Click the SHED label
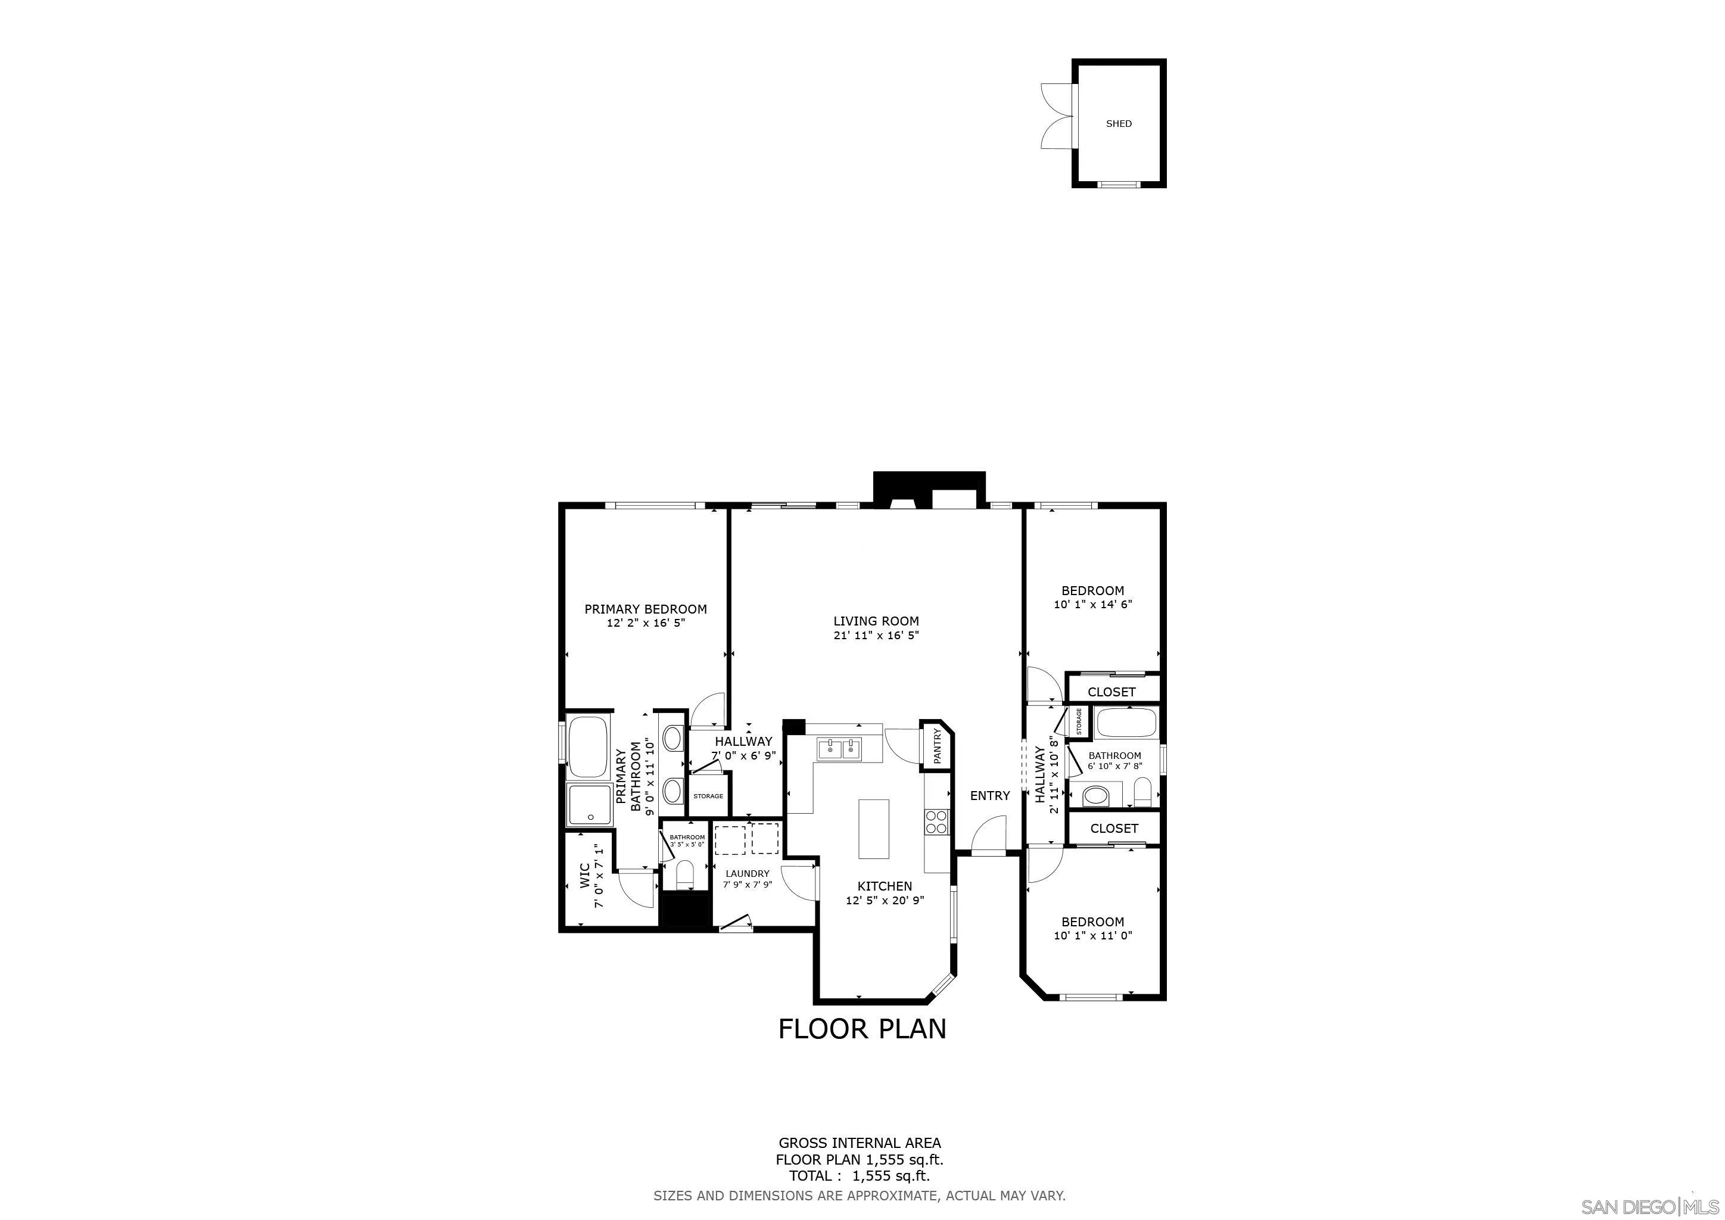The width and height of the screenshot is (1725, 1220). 1118,124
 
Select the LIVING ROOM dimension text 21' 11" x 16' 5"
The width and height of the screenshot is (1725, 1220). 876,635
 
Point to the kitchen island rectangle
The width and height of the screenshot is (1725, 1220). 873,829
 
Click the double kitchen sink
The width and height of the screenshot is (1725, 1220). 839,749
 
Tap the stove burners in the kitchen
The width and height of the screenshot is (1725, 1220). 936,822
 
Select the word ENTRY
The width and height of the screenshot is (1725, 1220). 989,795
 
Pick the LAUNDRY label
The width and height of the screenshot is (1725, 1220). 747,874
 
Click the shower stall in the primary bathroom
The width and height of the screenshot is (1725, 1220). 590,805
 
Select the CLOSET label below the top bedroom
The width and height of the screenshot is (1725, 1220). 1111,692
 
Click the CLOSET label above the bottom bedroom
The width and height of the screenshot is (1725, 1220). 1113,828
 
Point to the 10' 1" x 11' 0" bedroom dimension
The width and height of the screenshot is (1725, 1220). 1092,935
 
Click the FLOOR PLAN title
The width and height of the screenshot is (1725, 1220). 862,1028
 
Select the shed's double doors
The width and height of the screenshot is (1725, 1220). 1055,116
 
